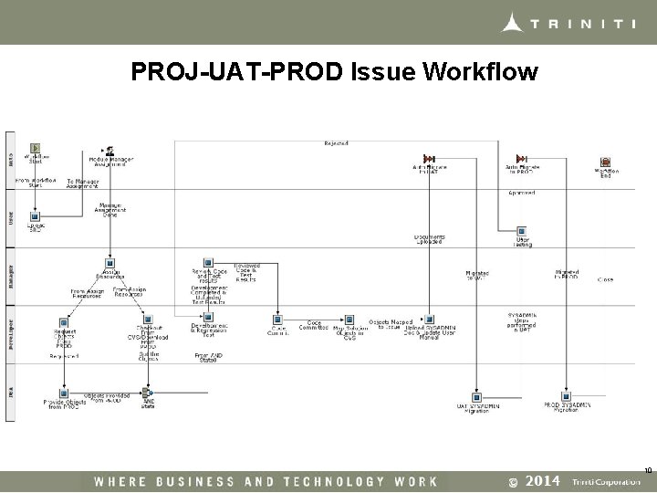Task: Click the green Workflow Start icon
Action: [36, 148]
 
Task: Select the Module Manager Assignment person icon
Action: [109, 150]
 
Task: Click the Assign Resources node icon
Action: [109, 263]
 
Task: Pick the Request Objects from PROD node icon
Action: [64, 322]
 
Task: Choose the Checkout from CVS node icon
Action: [145, 322]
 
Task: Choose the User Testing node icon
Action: [522, 231]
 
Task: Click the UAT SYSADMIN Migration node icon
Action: [477, 395]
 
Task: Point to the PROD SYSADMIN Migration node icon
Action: [568, 395]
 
